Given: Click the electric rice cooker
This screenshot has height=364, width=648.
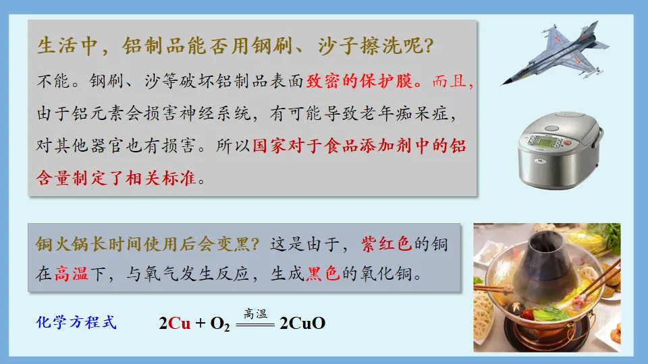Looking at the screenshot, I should pos(559,148).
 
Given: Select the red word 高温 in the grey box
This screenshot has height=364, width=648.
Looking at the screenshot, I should pos(72,274).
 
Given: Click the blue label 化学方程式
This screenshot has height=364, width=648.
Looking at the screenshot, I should pos(76,322).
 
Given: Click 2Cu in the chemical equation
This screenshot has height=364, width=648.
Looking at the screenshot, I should pos(175,324).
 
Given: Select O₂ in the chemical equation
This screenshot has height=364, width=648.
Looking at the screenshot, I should pos(220,324).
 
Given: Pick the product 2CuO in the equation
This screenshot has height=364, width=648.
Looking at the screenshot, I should pos(302,324).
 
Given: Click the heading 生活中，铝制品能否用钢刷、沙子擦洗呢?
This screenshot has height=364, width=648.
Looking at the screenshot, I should pos(236,47).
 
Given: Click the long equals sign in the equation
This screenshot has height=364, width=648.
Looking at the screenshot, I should pos(256,324).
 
